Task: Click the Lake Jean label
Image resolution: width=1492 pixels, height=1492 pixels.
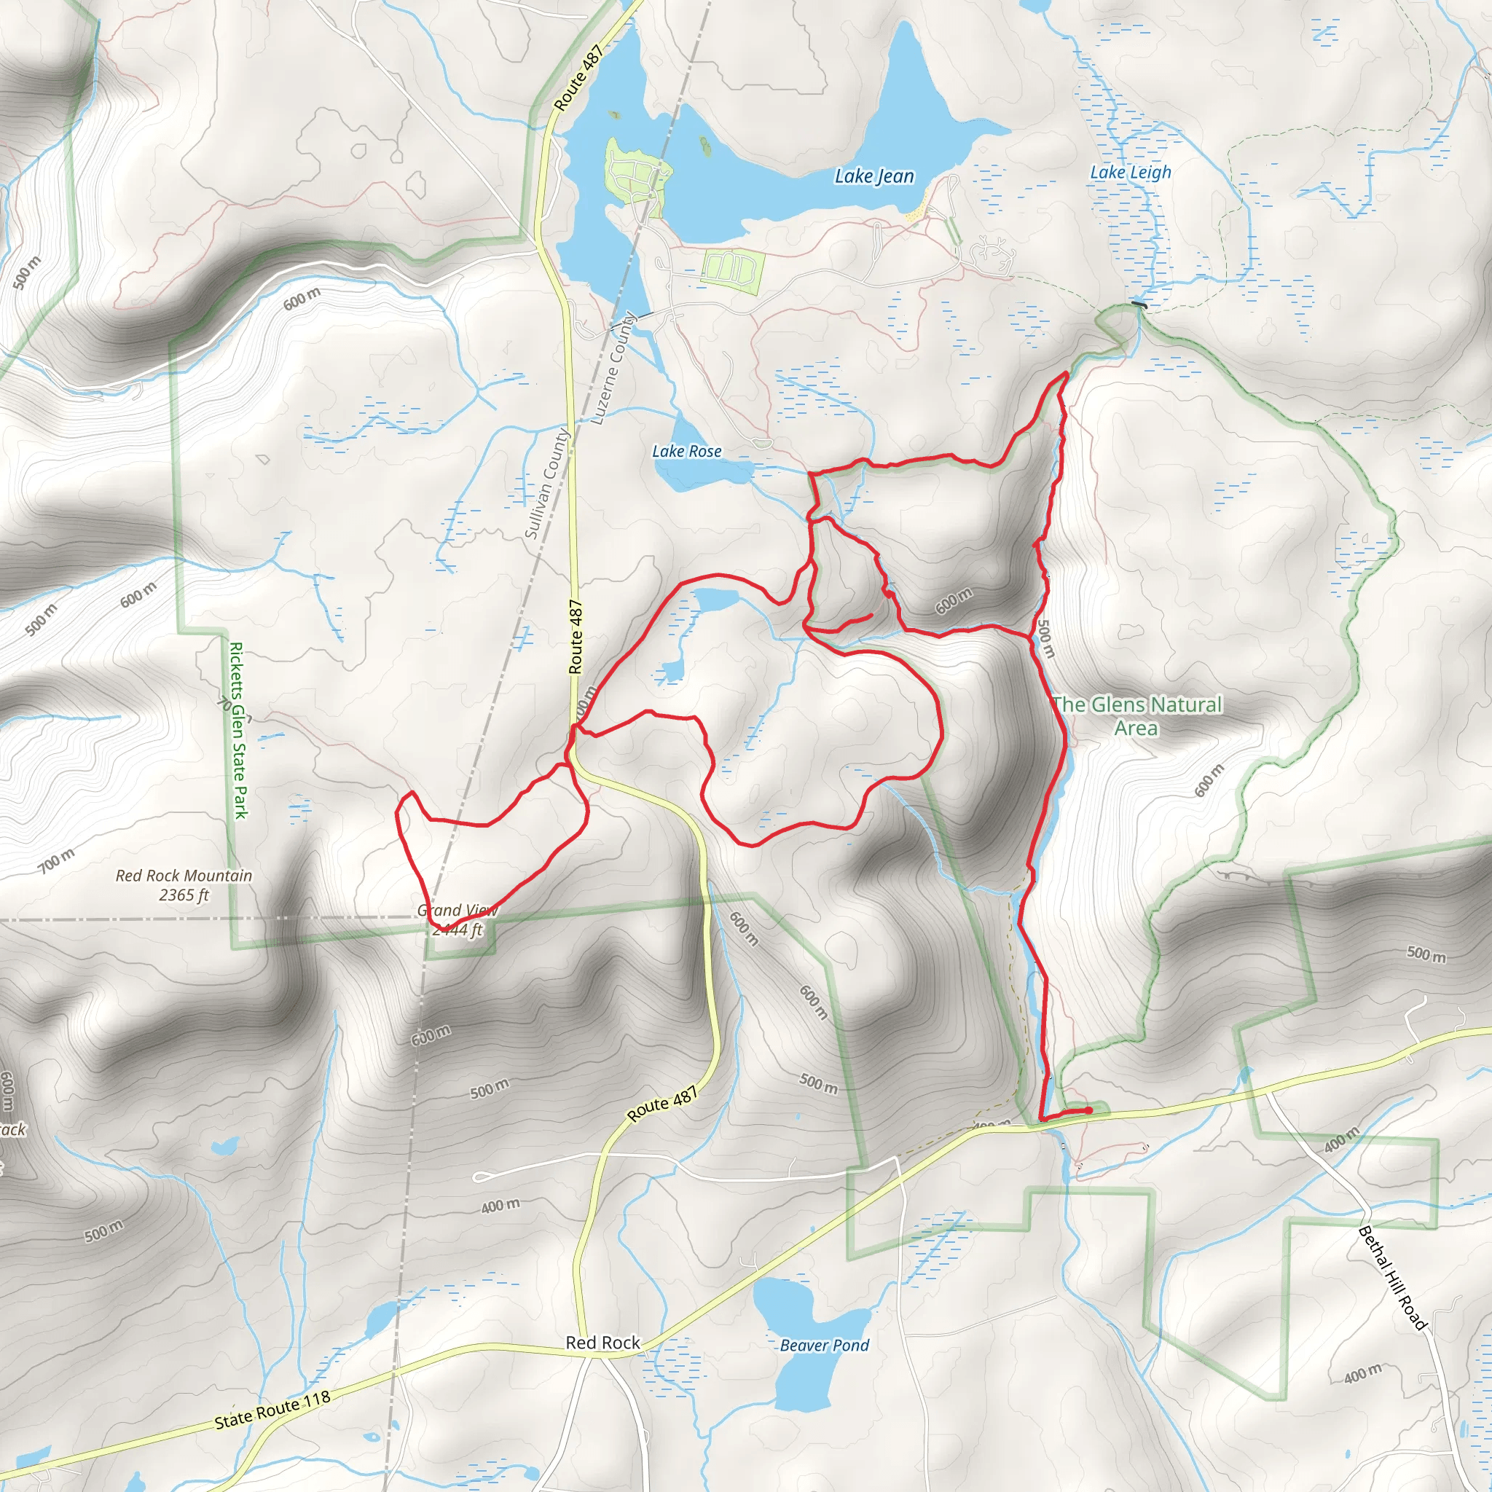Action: pyautogui.click(x=874, y=176)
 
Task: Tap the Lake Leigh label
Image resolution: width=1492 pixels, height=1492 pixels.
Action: pyautogui.click(x=1130, y=172)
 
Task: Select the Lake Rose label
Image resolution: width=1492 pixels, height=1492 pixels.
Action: pyautogui.click(x=686, y=451)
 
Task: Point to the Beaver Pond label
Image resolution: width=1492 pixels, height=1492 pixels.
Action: pyautogui.click(x=824, y=1346)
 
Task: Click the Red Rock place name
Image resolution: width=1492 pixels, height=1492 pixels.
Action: pyautogui.click(x=602, y=1343)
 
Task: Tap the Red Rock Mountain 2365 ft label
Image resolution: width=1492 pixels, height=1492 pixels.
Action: pyautogui.click(x=184, y=885)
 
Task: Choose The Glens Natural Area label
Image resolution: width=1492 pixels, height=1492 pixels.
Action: pyautogui.click(x=1136, y=715)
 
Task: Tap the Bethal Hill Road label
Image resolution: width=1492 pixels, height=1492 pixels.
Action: pyautogui.click(x=1391, y=1278)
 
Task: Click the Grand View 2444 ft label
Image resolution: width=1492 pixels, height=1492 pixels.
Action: pyautogui.click(x=458, y=919)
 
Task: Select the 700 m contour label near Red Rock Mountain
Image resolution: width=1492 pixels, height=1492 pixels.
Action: pyautogui.click(x=56, y=860)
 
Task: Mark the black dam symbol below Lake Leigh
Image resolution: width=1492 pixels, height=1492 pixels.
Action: pyautogui.click(x=1139, y=305)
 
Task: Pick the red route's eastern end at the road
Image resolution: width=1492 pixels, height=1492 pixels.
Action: pyautogui.click(x=1089, y=1110)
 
